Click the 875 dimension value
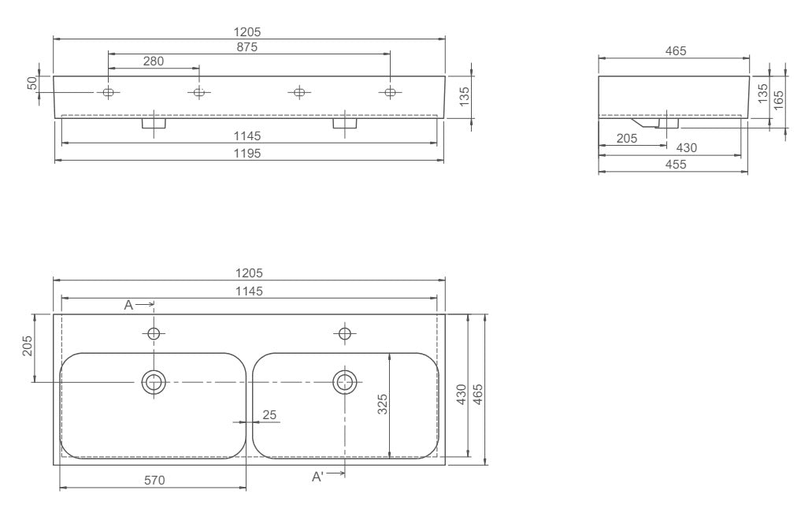(x=247, y=47)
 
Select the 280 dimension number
(x=154, y=61)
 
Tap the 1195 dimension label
(x=247, y=154)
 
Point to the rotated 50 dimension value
(x=33, y=83)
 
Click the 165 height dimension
(x=778, y=100)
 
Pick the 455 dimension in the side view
(x=676, y=165)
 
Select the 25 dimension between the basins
(x=269, y=414)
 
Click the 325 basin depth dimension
(x=383, y=404)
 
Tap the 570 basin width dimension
(x=154, y=481)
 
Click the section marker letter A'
(x=317, y=477)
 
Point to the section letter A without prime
(x=128, y=305)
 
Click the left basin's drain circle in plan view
(x=154, y=382)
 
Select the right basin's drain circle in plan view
(x=345, y=382)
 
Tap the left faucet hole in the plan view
(x=154, y=334)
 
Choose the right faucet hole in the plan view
(x=345, y=334)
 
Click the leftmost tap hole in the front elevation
(x=109, y=92)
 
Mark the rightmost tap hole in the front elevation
(x=390, y=92)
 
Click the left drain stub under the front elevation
(x=154, y=123)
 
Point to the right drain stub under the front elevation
(x=345, y=123)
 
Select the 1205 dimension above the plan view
(x=250, y=273)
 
